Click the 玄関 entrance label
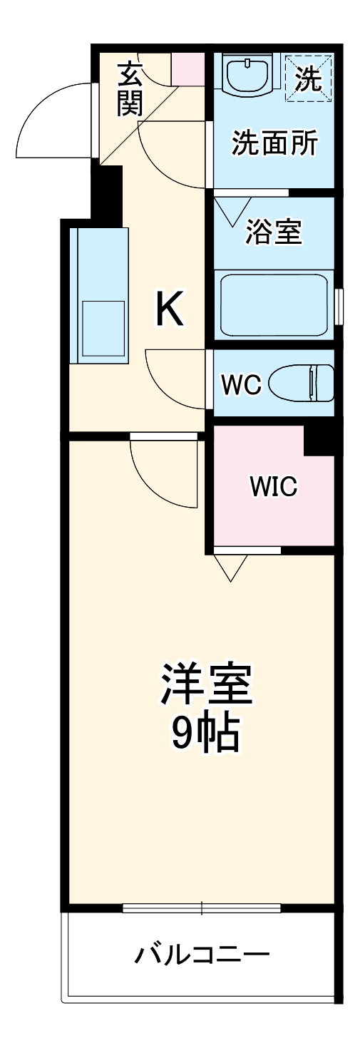coord(130,89)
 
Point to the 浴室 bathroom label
coord(274,230)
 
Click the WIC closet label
coord(273,488)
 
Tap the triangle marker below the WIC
coord(230,566)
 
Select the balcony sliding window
coord(202,908)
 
